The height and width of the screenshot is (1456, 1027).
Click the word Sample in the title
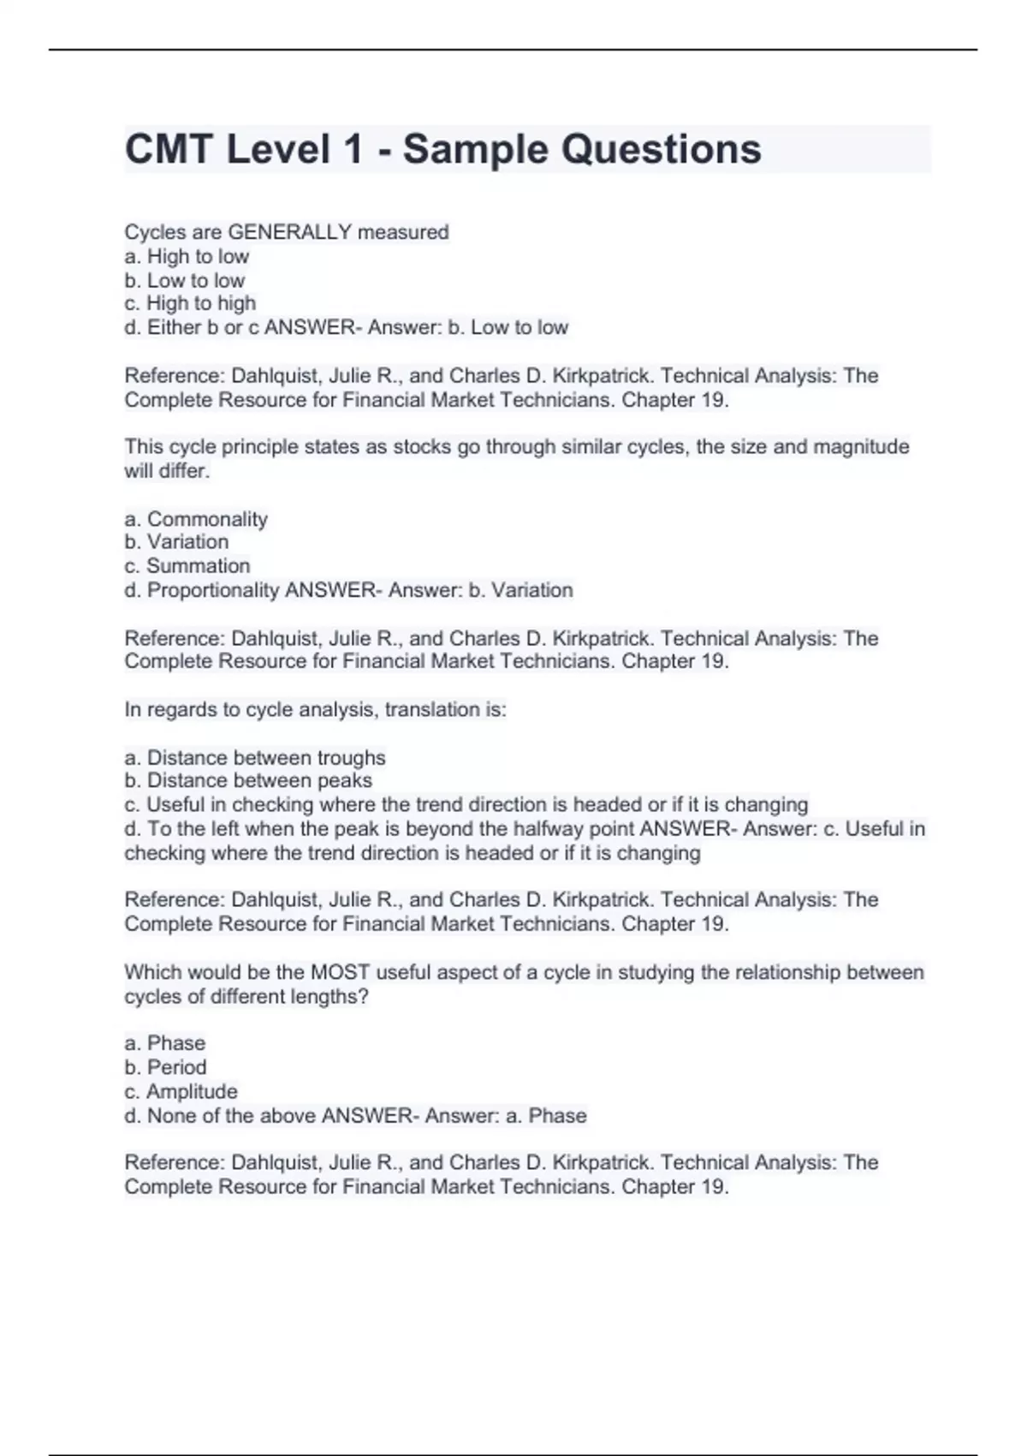[475, 150]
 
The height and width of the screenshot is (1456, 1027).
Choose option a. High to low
[187, 256]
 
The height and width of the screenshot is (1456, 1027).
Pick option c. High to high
[190, 303]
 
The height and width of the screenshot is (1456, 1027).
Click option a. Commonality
[196, 519]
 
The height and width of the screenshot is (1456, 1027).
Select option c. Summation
[187, 566]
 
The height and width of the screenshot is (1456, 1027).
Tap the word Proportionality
[213, 590]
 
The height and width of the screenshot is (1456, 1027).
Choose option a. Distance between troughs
[255, 758]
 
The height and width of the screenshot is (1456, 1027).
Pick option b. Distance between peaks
[248, 781]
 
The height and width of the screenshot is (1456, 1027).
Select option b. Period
[165, 1067]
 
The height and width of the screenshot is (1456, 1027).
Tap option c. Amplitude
[181, 1092]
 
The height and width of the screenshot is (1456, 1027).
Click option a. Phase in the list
[164, 1043]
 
